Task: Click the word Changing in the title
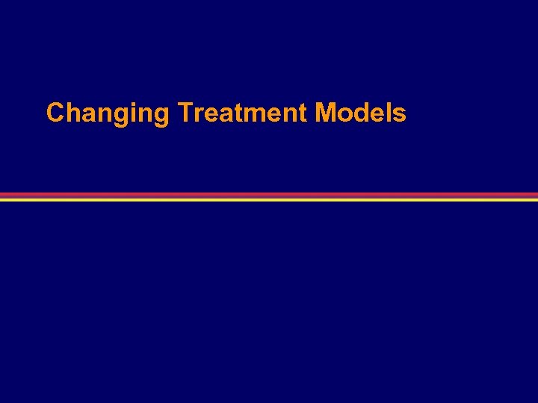(108, 113)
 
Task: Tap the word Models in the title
(361, 113)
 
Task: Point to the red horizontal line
(269, 195)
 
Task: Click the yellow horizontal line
(269, 199)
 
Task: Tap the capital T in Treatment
(185, 113)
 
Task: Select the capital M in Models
(325, 113)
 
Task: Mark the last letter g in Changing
(162, 116)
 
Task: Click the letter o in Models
(344, 115)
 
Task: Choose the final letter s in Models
(399, 115)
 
